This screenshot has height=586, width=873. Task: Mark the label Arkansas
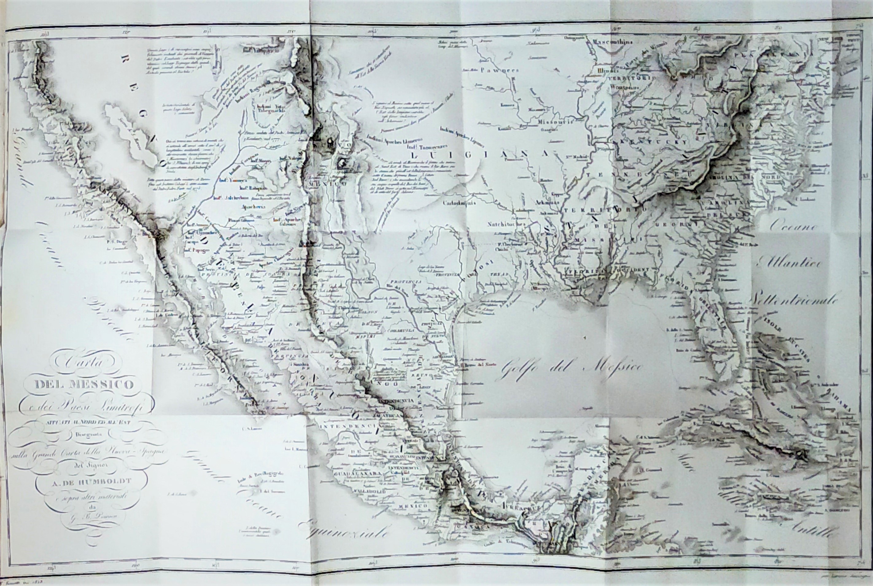click(544, 202)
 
